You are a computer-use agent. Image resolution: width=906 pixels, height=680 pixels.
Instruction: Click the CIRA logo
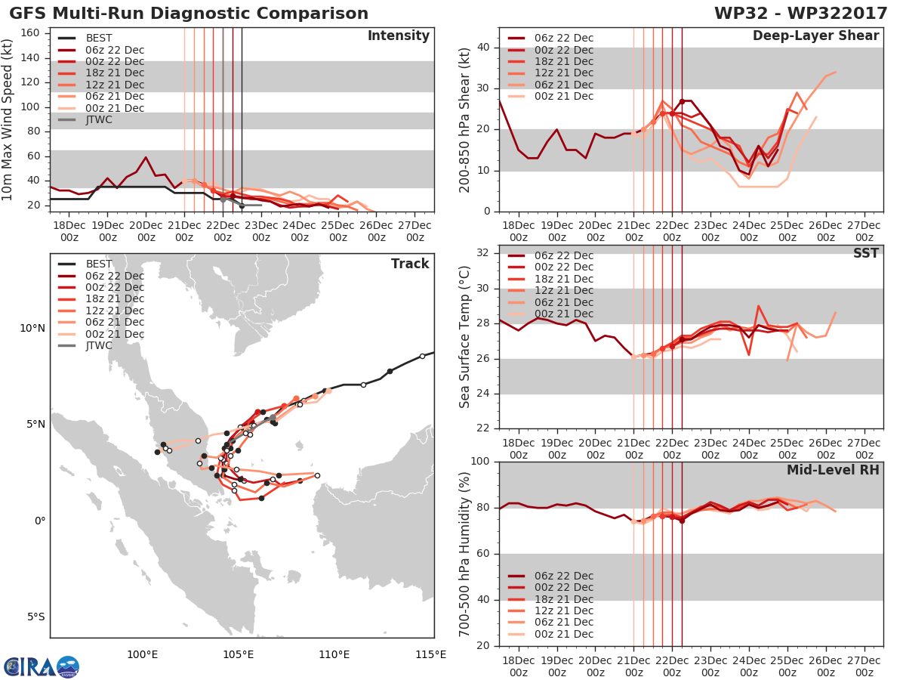click(x=42, y=666)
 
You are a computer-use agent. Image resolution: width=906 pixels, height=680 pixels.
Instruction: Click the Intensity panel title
click(x=399, y=36)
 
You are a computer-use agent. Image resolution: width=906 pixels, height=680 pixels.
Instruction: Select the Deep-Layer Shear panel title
click(x=815, y=36)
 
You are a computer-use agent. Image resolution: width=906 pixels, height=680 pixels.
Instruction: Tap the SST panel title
click(x=866, y=253)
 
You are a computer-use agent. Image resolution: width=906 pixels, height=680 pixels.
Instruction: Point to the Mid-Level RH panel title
click(x=833, y=470)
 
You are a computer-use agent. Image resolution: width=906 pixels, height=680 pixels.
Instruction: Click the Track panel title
click(x=410, y=264)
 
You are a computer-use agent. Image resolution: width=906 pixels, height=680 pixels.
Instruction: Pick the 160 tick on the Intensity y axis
click(x=30, y=33)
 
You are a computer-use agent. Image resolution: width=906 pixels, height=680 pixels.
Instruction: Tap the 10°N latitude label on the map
click(x=32, y=329)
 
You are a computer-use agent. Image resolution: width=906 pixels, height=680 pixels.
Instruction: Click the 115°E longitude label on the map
click(x=430, y=654)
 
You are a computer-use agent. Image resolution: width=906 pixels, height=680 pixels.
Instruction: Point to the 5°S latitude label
click(x=36, y=617)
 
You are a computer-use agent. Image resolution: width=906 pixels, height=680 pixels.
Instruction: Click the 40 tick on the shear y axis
click(x=483, y=48)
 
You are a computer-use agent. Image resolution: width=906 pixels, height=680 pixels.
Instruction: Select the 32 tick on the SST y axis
click(x=483, y=252)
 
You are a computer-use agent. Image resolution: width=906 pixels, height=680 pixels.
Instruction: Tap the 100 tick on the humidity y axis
click(x=480, y=461)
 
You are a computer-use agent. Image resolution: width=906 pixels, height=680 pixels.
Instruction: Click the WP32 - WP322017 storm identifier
click(x=800, y=14)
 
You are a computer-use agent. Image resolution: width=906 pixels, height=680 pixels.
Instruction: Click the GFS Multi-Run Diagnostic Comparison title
click(x=189, y=14)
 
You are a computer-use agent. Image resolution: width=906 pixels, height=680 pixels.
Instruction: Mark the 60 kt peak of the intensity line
click(x=146, y=157)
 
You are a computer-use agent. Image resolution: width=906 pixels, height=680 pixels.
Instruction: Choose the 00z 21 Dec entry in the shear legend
click(x=550, y=96)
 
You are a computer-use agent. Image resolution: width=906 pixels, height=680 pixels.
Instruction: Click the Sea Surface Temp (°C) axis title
click(x=464, y=337)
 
